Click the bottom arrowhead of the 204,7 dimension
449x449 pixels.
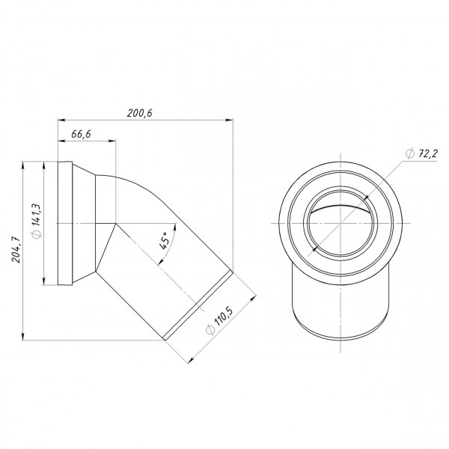(x=25, y=335)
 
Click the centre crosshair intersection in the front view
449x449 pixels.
(x=340, y=224)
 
